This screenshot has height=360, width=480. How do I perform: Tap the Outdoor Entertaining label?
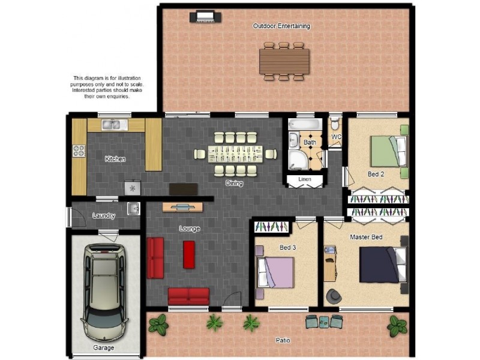(281, 26)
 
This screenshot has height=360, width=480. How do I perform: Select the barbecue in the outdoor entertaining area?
(202, 17)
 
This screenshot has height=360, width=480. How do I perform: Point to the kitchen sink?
(111, 125)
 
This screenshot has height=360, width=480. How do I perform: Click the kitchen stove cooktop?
(79, 151)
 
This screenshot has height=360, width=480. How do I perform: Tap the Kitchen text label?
(115, 159)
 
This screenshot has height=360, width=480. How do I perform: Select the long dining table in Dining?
(235, 154)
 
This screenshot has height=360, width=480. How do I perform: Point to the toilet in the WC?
(335, 124)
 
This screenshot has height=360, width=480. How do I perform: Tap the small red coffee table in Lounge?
(189, 254)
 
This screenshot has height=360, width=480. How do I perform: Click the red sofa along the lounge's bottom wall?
(188, 296)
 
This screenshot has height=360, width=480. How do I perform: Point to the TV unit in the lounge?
(182, 207)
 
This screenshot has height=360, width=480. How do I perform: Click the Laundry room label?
(104, 215)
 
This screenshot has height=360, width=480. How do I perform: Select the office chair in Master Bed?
(334, 296)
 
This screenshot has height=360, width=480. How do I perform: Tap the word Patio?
(283, 340)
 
